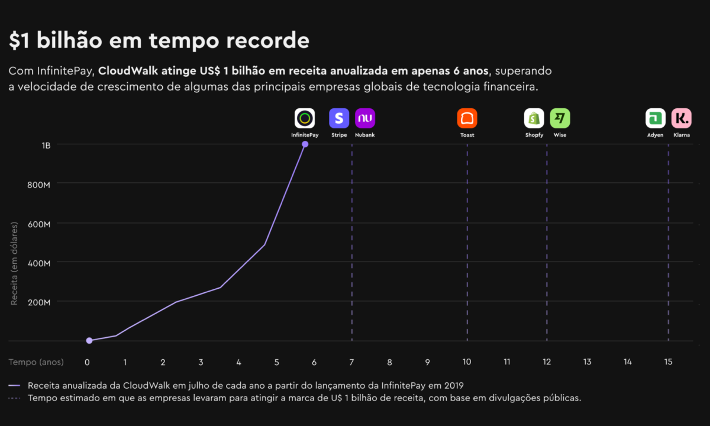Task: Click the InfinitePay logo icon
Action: click(x=305, y=118)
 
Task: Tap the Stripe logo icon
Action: click(x=339, y=118)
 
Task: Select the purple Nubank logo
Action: click(x=365, y=118)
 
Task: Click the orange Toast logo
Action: click(x=467, y=118)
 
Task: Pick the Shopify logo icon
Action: click(x=534, y=118)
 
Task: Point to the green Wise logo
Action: click(x=560, y=118)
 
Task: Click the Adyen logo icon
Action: click(x=655, y=118)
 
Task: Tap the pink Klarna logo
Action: click(x=681, y=118)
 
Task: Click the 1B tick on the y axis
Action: click(x=46, y=145)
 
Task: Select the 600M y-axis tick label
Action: click(x=38, y=224)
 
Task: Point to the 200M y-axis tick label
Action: click(x=38, y=302)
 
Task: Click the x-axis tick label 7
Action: click(x=351, y=362)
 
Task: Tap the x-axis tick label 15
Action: click(x=668, y=362)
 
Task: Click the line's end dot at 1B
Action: click(x=305, y=144)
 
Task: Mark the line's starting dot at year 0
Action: click(x=89, y=341)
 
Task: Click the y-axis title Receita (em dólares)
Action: click(x=14, y=263)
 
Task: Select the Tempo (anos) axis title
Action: click(x=36, y=362)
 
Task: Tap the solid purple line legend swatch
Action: click(x=15, y=385)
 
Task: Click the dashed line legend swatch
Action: click(x=15, y=398)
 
